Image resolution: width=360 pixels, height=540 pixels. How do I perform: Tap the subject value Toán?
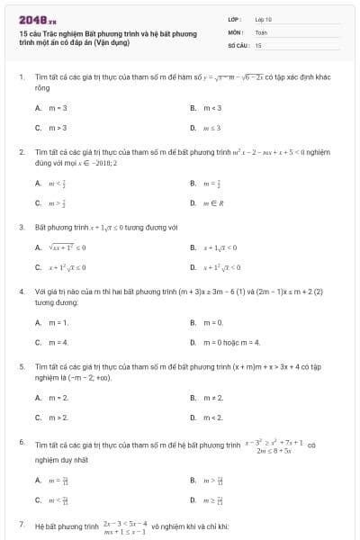pos(261,31)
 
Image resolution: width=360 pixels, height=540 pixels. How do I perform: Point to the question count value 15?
pos(258,44)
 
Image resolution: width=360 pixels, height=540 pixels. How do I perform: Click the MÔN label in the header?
pos(235,31)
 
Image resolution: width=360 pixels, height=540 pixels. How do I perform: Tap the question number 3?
pos(22,228)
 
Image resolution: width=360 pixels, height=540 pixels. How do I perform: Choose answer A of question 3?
pos(63,247)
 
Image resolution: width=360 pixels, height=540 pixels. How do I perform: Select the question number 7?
pos(22,523)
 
